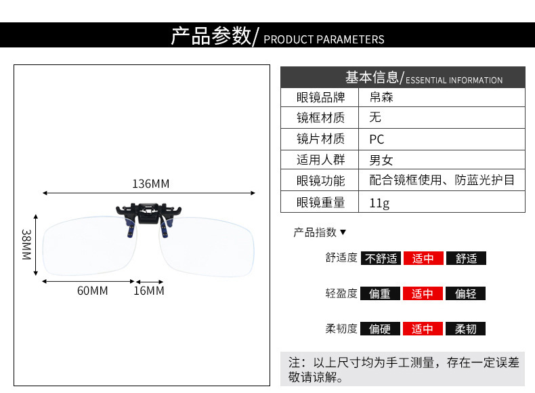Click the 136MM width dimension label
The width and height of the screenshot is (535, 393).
tap(150, 184)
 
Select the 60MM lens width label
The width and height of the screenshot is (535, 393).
tap(92, 291)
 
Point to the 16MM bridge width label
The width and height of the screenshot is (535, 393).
tap(148, 291)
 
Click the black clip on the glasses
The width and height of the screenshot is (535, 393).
tap(147, 216)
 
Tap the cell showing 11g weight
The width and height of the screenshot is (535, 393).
tap(379, 202)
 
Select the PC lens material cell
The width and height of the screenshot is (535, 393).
tap(377, 139)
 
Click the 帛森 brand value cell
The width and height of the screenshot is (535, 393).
tap(381, 97)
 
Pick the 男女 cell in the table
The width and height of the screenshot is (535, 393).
tap(381, 161)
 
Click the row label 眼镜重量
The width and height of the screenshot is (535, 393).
tap(320, 202)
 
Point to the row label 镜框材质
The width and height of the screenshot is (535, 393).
tap(320, 118)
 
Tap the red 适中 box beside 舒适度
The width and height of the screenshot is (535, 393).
tap(423, 258)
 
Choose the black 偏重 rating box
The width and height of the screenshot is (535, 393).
tap(380, 293)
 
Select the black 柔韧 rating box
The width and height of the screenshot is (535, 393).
tap(465, 329)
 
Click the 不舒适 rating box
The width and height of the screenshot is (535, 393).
tap(380, 258)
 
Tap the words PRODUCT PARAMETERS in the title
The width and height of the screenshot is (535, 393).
tap(324, 39)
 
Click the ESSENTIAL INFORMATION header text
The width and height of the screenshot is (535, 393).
tap(454, 80)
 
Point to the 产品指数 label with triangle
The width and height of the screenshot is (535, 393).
tap(320, 232)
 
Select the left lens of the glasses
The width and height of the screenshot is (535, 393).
tap(87, 247)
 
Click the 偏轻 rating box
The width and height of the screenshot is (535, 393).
tap(465, 293)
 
